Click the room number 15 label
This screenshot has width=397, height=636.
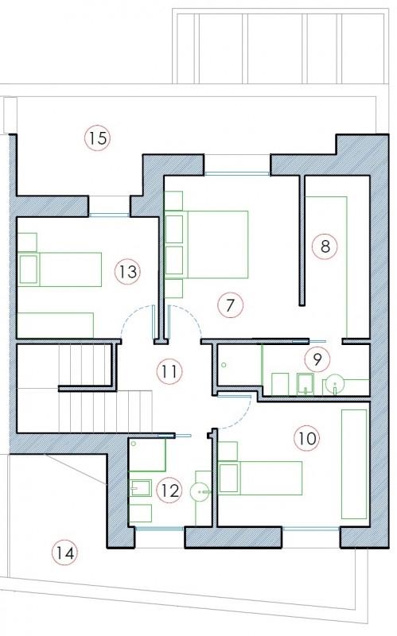click(97, 138)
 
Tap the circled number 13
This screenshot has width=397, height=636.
click(127, 271)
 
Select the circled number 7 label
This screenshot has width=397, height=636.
click(230, 305)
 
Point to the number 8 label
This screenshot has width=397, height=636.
click(325, 246)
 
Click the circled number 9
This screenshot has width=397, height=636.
click(317, 359)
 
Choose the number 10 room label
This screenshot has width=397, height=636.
click(307, 438)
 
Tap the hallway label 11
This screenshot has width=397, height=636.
click(169, 371)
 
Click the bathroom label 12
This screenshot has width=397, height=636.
click(169, 491)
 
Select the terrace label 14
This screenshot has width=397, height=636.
click(65, 553)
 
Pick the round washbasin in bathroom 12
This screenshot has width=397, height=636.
click(200, 491)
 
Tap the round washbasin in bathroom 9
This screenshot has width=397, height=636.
click(335, 384)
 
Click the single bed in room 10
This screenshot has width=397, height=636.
click(260, 479)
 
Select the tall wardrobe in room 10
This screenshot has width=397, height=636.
click(354, 464)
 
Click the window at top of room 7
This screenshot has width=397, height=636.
click(236, 173)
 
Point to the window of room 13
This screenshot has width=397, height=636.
click(109, 215)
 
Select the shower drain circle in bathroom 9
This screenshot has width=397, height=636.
click(224, 365)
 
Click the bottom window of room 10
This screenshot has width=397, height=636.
click(311, 529)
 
